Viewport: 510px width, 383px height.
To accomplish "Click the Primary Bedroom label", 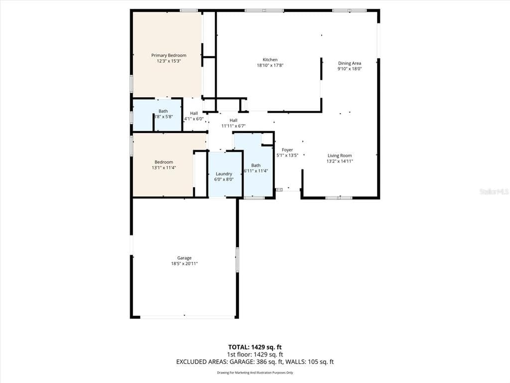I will (169, 55).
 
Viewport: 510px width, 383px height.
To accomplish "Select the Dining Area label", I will (350, 63).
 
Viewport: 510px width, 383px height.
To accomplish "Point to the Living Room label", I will (340, 156).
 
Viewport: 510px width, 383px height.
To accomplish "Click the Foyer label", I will (287, 150).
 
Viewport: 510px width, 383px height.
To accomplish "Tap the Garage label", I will (184, 258).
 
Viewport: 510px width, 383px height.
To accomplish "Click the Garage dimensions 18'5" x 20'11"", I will (184, 263).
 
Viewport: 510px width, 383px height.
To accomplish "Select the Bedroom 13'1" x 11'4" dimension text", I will (163, 168).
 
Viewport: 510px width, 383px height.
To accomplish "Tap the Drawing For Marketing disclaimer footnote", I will (255, 373).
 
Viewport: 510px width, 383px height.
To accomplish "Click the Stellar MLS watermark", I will (494, 191).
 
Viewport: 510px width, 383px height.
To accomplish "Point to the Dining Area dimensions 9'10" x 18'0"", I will (350, 69).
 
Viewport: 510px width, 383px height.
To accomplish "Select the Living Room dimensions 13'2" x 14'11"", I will (340, 161).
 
